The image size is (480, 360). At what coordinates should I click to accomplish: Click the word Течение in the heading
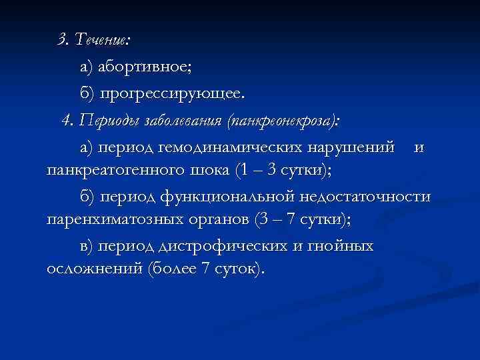point(102,39)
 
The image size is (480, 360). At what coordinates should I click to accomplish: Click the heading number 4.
point(66,121)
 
